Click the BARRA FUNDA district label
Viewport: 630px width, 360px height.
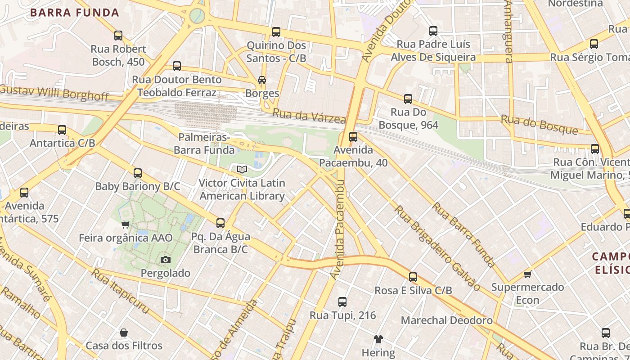click(x=75, y=13)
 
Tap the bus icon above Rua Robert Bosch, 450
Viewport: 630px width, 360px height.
click(x=118, y=35)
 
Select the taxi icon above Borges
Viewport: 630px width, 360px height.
click(x=261, y=80)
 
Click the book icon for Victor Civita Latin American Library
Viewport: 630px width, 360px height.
click(x=242, y=170)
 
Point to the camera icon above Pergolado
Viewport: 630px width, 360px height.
click(x=166, y=260)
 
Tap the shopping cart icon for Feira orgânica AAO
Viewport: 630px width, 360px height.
click(x=126, y=225)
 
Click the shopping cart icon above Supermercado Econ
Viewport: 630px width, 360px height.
click(x=527, y=274)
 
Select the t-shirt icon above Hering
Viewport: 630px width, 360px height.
click(x=378, y=339)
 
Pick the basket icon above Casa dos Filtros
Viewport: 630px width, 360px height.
click(x=124, y=333)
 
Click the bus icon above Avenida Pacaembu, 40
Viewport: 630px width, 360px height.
click(x=353, y=136)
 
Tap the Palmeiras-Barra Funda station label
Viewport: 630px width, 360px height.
click(x=204, y=144)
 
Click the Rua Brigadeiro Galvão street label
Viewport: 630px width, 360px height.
click(x=436, y=248)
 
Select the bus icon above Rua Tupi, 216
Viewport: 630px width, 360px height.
click(x=342, y=301)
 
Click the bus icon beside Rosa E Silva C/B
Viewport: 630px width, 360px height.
click(x=413, y=277)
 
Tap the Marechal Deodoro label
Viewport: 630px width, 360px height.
click(x=446, y=320)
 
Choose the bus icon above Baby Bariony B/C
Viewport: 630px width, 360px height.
click(x=138, y=173)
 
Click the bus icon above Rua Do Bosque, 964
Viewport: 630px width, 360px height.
click(x=408, y=99)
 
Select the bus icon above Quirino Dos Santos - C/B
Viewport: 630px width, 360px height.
click(x=276, y=32)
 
